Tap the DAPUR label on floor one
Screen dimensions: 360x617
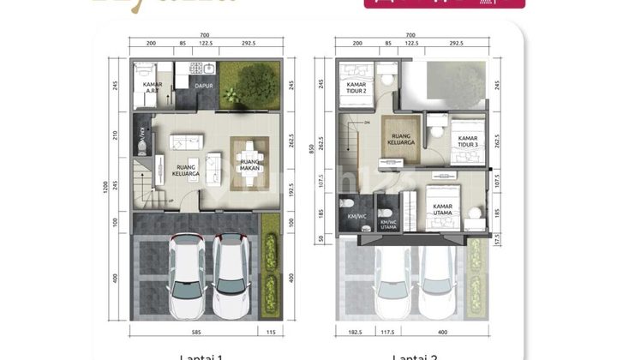coord(204,86)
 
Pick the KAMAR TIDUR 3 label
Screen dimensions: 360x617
coord(467,141)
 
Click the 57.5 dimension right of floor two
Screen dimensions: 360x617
coord(498,243)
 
